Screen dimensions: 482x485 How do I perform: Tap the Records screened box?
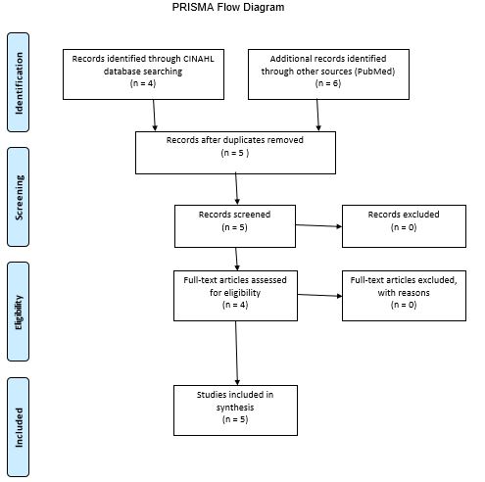pyautogui.click(x=234, y=225)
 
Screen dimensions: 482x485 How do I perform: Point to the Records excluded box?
pyautogui.click(x=403, y=225)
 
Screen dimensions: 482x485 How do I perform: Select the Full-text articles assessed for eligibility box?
pyautogui.click(x=234, y=293)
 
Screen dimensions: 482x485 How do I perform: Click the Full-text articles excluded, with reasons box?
pyautogui.click(x=403, y=293)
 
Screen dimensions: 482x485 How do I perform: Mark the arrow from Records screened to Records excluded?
pyautogui.click(x=317, y=226)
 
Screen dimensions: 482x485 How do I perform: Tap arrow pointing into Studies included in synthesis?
pyautogui.click(x=237, y=353)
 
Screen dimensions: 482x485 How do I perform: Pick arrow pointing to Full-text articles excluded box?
pyautogui.click(x=317, y=295)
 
